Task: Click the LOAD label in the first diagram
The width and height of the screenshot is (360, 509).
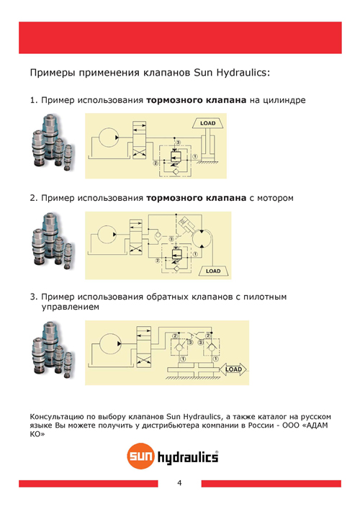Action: click(x=207, y=123)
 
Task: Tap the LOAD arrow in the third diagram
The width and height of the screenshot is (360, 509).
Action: click(x=234, y=369)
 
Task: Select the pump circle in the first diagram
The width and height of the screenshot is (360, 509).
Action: click(x=112, y=135)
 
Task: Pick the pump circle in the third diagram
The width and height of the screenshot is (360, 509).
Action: click(x=112, y=341)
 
